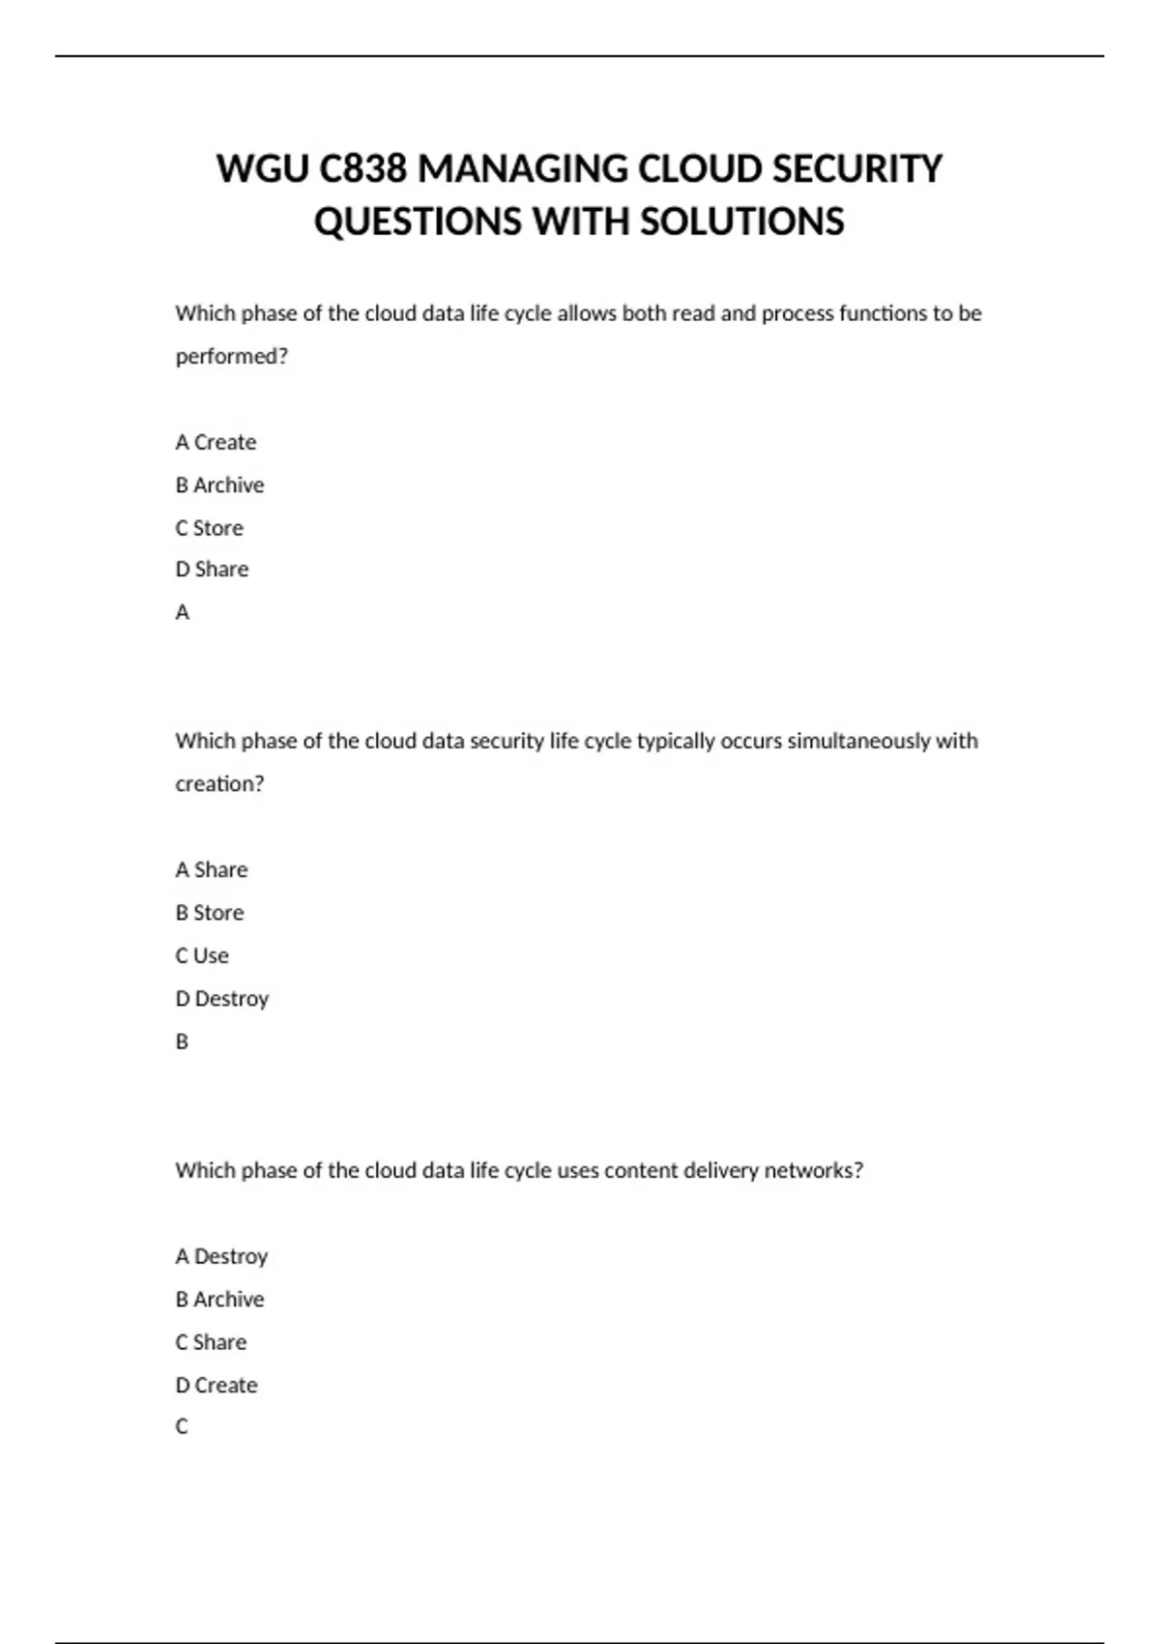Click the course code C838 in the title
(362, 169)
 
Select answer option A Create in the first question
(216, 442)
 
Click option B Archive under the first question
(219, 484)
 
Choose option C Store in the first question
(209, 528)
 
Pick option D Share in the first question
(212, 570)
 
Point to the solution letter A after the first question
(182, 612)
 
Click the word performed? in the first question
(232, 356)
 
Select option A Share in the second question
(211, 869)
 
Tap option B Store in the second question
(209, 912)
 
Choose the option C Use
(202, 955)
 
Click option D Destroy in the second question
(221, 998)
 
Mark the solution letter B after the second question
(182, 1042)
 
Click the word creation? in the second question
(219, 783)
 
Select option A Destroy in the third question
(221, 1256)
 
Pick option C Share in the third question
(211, 1342)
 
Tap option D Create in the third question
(217, 1385)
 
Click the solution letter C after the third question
(182, 1426)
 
